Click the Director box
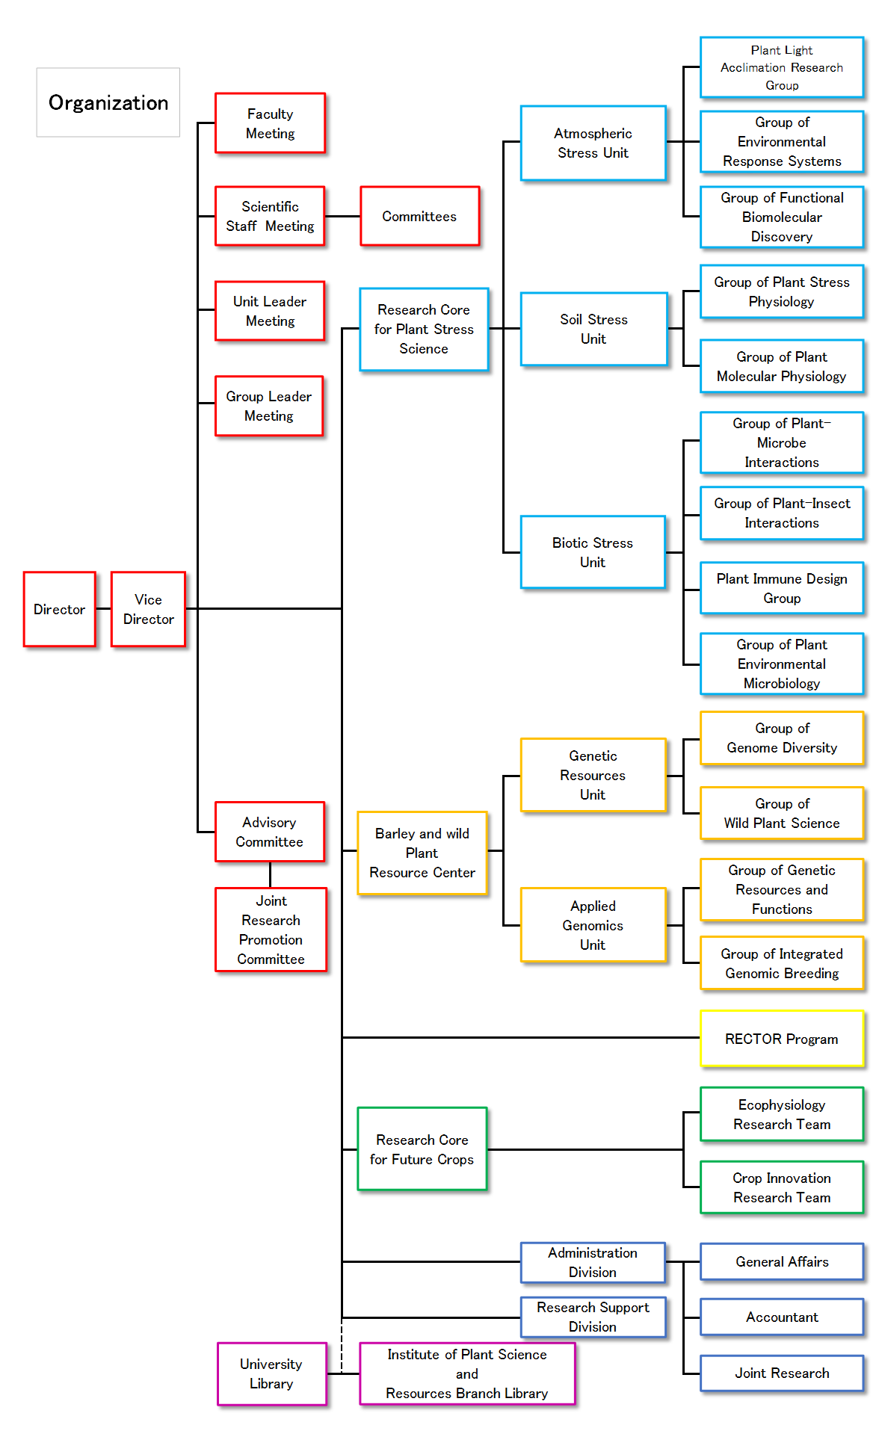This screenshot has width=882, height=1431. pos(59,609)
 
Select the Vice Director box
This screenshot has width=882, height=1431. pos(148,609)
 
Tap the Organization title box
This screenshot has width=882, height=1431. pos(108,102)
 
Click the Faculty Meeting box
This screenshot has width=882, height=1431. pos(270,123)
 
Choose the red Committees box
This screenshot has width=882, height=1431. pos(419,216)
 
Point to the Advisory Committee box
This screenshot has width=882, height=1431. pos(269,832)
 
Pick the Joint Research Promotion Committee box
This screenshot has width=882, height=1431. pos(271,930)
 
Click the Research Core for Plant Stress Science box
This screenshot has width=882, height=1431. pos(424,329)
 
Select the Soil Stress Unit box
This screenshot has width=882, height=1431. pos(593,329)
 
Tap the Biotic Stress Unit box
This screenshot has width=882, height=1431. pos(593,552)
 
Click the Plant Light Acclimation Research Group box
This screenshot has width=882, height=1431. pos(782,67)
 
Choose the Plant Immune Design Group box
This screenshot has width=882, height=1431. pos(782,588)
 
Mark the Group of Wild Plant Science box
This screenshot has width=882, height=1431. pos(782,813)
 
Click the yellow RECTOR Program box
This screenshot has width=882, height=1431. pos(782,1039)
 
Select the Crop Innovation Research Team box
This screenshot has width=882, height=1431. pos(782,1187)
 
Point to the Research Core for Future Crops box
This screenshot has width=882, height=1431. pos(422,1149)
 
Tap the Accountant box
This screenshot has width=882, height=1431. pos(782,1317)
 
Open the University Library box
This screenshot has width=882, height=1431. pos(271,1373)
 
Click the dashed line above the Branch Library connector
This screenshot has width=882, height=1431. pos(342,1345)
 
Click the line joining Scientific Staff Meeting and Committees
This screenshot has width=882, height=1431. pos(342,216)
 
